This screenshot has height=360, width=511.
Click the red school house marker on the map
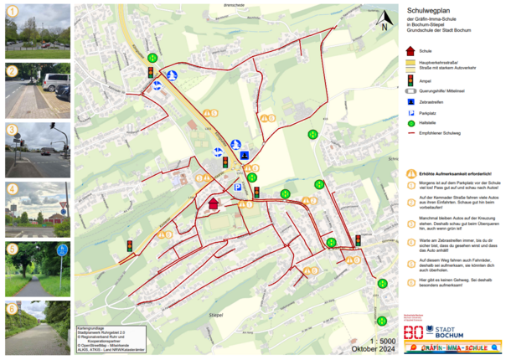213,203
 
